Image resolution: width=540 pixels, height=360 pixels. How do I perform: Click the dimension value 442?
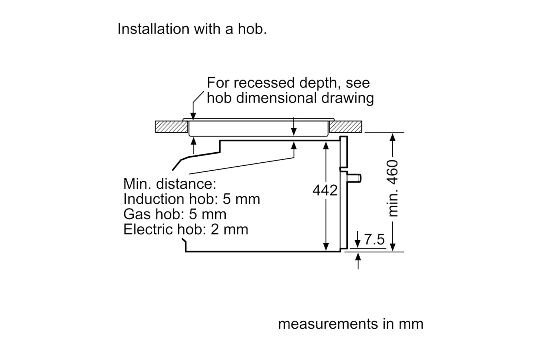[x=325, y=190]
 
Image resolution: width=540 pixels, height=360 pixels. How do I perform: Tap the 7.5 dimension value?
[x=374, y=239]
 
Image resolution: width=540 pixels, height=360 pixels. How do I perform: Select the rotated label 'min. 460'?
[x=392, y=188]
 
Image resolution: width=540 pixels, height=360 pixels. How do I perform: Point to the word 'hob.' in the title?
[x=252, y=29]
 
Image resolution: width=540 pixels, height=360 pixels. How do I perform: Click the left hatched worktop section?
[x=171, y=127]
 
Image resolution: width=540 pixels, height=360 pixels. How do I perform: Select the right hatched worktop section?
[x=346, y=127]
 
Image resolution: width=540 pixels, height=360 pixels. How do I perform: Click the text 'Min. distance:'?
[x=170, y=184]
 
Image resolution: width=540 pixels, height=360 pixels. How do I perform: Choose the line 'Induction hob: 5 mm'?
[x=192, y=199]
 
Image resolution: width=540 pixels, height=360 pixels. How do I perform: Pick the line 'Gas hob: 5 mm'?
[x=175, y=214]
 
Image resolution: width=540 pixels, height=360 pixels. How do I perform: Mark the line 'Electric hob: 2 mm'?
[x=186, y=229]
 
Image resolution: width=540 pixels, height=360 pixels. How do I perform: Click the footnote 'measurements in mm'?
[x=351, y=324]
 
